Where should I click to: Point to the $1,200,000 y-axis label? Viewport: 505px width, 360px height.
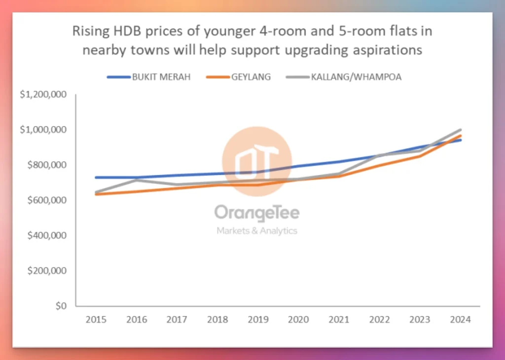pos(43,95)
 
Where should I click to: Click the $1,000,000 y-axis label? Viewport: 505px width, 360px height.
pos(43,130)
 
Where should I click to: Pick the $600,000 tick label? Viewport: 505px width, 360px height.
pos(46,200)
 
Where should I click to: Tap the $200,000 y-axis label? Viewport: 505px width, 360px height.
pos(46,271)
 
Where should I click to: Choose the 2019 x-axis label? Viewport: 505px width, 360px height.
pos(258,320)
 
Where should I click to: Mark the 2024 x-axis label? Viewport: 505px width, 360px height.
pos(461,320)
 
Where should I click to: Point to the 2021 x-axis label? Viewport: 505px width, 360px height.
pos(339,320)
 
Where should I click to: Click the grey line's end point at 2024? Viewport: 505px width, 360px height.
pos(461,130)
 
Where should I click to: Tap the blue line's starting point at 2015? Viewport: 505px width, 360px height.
pos(96,178)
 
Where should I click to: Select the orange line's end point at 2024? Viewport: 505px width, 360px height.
pos(461,136)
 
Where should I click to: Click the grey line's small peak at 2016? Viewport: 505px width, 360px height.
pos(137,180)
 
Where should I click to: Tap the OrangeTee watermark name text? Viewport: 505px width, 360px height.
pos(256,213)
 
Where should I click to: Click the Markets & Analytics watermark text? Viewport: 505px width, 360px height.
pos(256,231)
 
